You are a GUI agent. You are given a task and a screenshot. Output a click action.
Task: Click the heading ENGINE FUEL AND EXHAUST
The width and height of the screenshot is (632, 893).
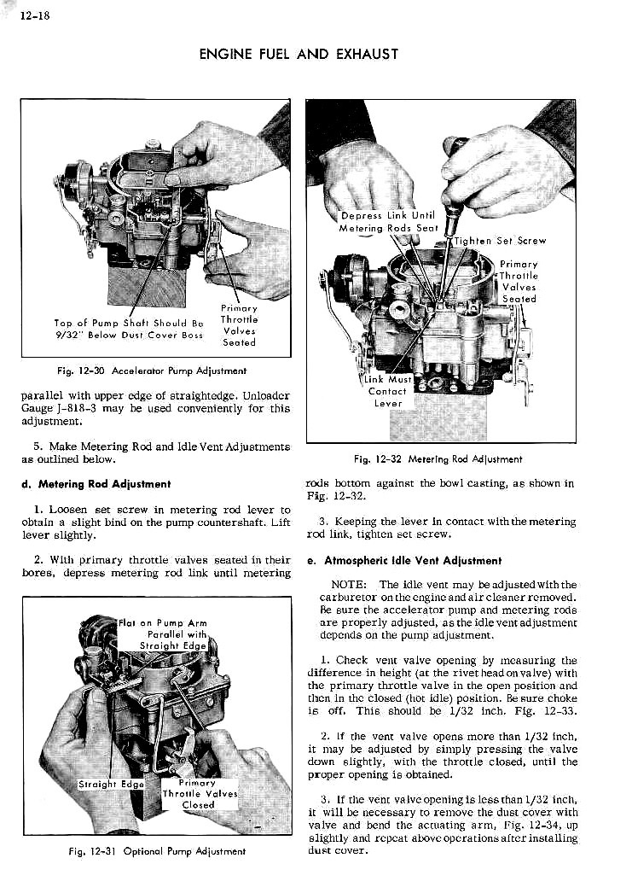pyautogui.click(x=299, y=55)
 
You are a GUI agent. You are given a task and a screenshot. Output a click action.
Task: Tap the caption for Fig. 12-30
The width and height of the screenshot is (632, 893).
pyautogui.click(x=147, y=371)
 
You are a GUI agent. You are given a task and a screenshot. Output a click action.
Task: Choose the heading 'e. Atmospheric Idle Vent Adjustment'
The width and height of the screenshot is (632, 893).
pyautogui.click(x=403, y=561)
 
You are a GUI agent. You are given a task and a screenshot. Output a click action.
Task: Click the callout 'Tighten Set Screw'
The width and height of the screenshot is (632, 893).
pyautogui.click(x=500, y=241)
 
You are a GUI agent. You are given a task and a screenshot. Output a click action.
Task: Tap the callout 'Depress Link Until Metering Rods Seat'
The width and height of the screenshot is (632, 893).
pyautogui.click(x=387, y=222)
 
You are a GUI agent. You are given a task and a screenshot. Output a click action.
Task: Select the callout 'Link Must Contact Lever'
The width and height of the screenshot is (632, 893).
pyautogui.click(x=388, y=391)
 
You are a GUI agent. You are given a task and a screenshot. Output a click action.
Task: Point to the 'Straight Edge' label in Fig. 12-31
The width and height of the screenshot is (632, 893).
pyautogui.click(x=111, y=784)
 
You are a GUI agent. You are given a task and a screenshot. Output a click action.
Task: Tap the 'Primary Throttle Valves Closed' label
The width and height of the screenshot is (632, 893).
pyautogui.click(x=199, y=793)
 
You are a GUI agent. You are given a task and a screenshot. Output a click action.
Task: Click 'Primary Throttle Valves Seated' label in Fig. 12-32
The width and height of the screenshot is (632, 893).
pyautogui.click(x=519, y=282)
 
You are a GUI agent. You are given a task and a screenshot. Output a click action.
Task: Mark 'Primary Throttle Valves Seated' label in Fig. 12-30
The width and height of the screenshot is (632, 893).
pyautogui.click(x=239, y=325)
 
